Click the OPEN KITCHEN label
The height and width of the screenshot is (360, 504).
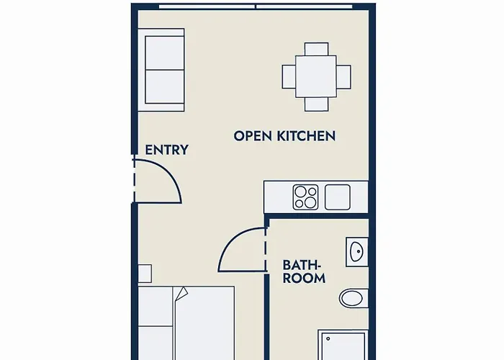[x=284, y=136]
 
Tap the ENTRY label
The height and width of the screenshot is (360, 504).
[x=166, y=150]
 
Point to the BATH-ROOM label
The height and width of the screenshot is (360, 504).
[x=304, y=271]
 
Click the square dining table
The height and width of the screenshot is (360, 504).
[x=316, y=76]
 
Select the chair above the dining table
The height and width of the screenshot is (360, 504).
[x=317, y=49]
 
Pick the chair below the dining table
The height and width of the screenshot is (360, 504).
[x=317, y=104]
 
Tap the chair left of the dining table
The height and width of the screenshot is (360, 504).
[x=289, y=76]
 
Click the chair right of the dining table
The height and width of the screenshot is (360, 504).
[x=343, y=76]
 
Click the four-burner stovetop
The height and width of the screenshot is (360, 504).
[x=305, y=197]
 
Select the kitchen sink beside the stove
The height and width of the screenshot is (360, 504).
[x=338, y=197]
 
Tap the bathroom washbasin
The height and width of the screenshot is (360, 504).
[x=357, y=252]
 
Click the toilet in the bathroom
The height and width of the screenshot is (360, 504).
[x=354, y=298]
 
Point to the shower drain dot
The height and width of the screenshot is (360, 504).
[x=328, y=339]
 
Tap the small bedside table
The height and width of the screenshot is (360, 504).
[x=145, y=274]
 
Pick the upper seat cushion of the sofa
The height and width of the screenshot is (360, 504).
[x=165, y=53]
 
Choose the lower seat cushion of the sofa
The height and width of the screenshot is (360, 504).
[x=165, y=87]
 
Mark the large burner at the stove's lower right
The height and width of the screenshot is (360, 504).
[x=310, y=202]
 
